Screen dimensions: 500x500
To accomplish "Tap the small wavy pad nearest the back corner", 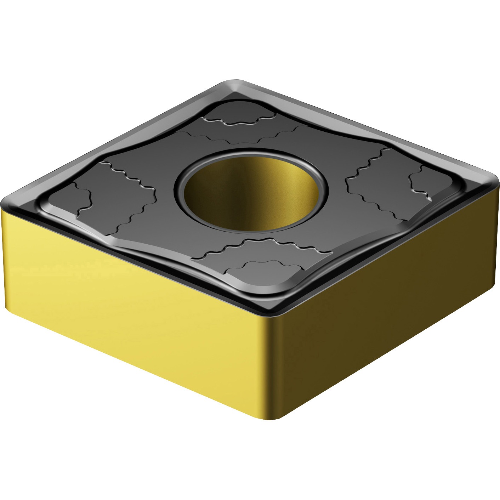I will (x=241, y=113).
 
